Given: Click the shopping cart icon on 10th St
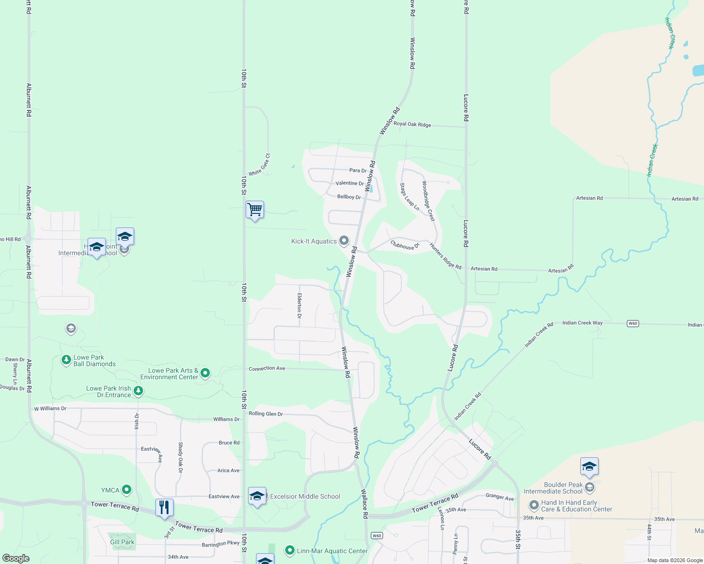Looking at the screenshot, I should pyautogui.click(x=255, y=210).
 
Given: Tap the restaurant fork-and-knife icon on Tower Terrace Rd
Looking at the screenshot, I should pyautogui.click(x=164, y=508).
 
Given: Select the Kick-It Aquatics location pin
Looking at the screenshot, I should pyautogui.click(x=344, y=241).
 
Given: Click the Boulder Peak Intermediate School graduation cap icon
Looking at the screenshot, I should pyautogui.click(x=589, y=467).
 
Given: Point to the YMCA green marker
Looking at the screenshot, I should pyautogui.click(x=127, y=490).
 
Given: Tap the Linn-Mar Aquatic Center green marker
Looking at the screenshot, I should pyautogui.click(x=290, y=550).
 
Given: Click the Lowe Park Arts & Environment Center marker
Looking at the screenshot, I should pyautogui.click(x=205, y=373).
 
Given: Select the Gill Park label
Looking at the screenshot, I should pyautogui.click(x=122, y=542).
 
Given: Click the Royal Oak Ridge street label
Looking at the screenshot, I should pyautogui.click(x=412, y=124).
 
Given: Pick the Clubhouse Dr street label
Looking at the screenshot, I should pyautogui.click(x=405, y=245).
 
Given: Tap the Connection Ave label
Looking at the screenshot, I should pyautogui.click(x=267, y=368).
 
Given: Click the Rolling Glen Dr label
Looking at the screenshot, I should pyautogui.click(x=266, y=414).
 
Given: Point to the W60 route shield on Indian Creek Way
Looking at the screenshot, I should pyautogui.click(x=632, y=323).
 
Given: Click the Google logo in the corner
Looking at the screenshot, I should pyautogui.click(x=16, y=558).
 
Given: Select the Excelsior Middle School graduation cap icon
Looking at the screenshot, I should pyautogui.click(x=257, y=496).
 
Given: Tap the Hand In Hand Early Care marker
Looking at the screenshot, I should pyautogui.click(x=534, y=505).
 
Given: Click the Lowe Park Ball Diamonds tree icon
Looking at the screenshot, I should pyautogui.click(x=66, y=360).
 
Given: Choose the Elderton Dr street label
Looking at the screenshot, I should pyautogui.click(x=299, y=305).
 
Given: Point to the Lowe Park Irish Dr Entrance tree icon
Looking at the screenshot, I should pyautogui.click(x=138, y=391).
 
